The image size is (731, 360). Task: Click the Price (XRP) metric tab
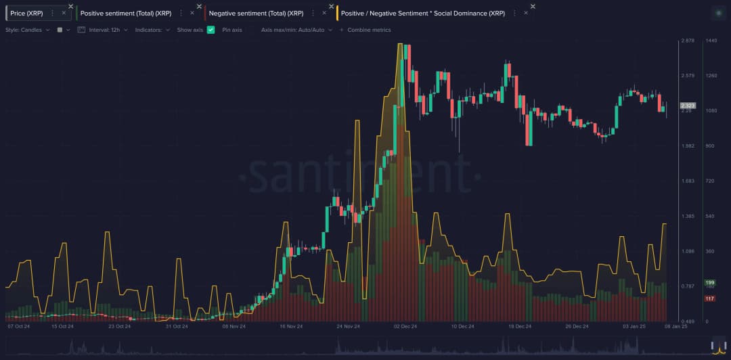26,13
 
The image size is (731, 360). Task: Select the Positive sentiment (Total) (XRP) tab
125,13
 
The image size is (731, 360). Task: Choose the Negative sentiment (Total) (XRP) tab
256,13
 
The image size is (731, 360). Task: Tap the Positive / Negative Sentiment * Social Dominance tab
422,13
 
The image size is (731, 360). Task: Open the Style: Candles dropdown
27,30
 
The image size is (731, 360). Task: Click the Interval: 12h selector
102,30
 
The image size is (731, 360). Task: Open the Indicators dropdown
152,30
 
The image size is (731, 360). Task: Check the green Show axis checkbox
211,30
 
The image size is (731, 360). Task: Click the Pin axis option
232,30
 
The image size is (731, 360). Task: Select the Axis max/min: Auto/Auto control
296,30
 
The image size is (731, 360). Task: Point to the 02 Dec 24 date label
405,326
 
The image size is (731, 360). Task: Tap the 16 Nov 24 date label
291,326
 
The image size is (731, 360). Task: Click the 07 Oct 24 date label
20,326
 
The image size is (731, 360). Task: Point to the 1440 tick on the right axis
711,41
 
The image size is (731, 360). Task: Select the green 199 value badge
710,282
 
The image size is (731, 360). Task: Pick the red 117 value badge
710,298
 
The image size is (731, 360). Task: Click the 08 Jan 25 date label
675,326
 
